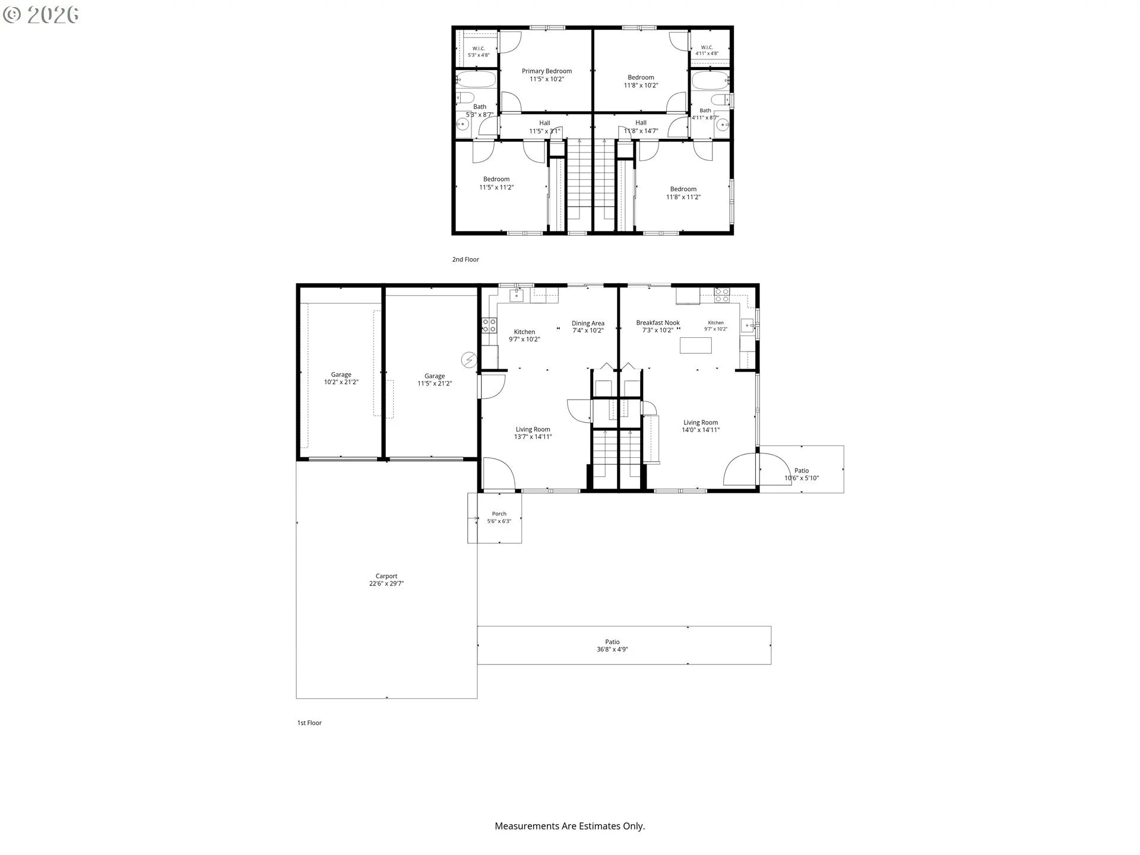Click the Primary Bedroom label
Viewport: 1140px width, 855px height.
click(547, 75)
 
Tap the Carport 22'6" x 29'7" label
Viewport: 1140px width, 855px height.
click(387, 579)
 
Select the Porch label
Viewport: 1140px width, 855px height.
click(499, 517)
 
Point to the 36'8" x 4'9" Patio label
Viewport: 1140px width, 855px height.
click(612, 645)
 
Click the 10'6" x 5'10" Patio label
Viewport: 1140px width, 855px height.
click(802, 474)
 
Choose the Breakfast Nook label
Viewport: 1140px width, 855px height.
click(658, 326)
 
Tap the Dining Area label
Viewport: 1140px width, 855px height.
click(588, 327)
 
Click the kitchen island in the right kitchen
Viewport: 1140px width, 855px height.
click(696, 345)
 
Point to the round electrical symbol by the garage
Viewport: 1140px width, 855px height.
click(469, 360)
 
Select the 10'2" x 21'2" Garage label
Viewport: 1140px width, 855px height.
click(341, 378)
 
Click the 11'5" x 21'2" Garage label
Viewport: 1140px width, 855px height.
click(435, 379)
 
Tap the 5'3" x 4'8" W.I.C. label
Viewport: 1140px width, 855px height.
click(479, 52)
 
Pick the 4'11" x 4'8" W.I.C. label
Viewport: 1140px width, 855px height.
click(707, 50)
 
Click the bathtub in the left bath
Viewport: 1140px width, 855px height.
click(477, 80)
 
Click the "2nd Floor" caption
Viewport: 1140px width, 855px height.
click(465, 259)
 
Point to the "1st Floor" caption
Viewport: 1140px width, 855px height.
click(309, 723)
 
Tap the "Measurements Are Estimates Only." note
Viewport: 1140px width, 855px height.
click(570, 826)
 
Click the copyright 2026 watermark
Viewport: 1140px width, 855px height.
click(41, 15)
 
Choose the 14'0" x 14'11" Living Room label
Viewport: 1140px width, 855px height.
click(701, 426)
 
